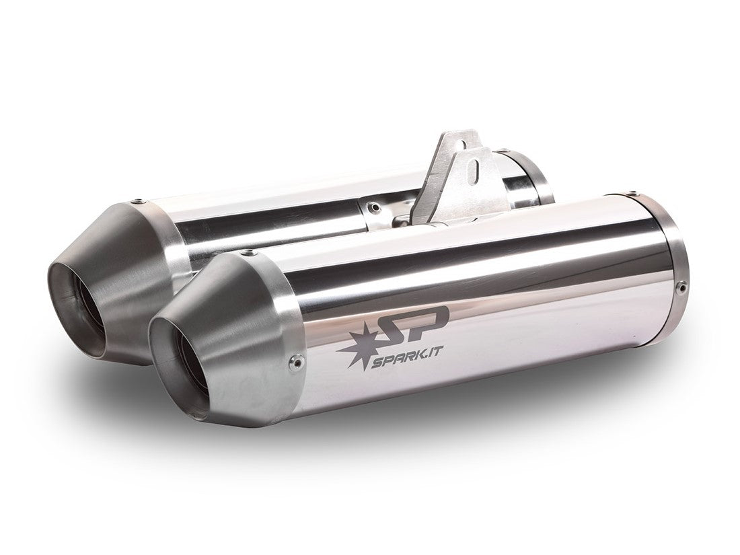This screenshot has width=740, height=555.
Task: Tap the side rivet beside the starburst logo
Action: pos(292,364)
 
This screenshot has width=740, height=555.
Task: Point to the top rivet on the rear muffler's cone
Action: pos(139,200)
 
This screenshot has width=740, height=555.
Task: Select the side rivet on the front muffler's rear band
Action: pos(682,289)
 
